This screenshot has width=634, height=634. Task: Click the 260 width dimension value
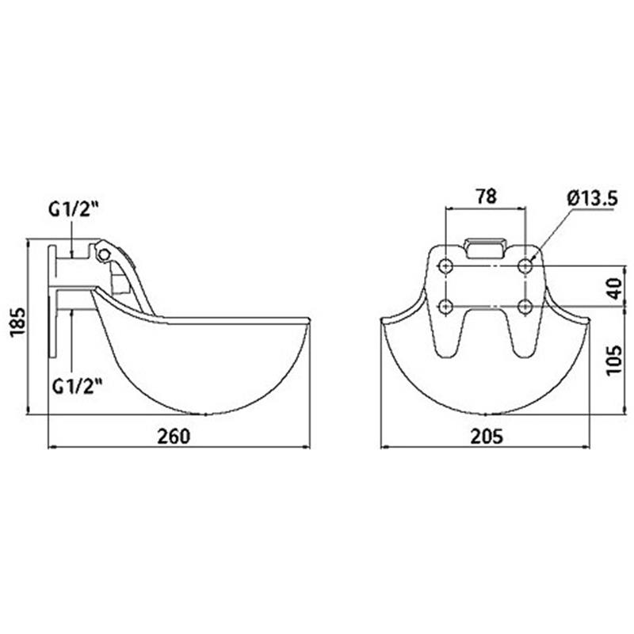point(174,437)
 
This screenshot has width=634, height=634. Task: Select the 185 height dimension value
point(17,323)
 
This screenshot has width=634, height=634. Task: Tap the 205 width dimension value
point(487,437)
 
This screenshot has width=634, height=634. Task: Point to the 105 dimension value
point(615,361)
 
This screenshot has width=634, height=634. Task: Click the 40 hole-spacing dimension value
point(615,288)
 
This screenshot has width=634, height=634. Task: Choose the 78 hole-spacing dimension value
point(486,196)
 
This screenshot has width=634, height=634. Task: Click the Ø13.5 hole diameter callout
point(592,199)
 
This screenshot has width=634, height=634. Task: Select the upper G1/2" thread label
point(74,209)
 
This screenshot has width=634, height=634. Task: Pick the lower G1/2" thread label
point(77,387)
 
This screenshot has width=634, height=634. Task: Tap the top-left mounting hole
point(445,266)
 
